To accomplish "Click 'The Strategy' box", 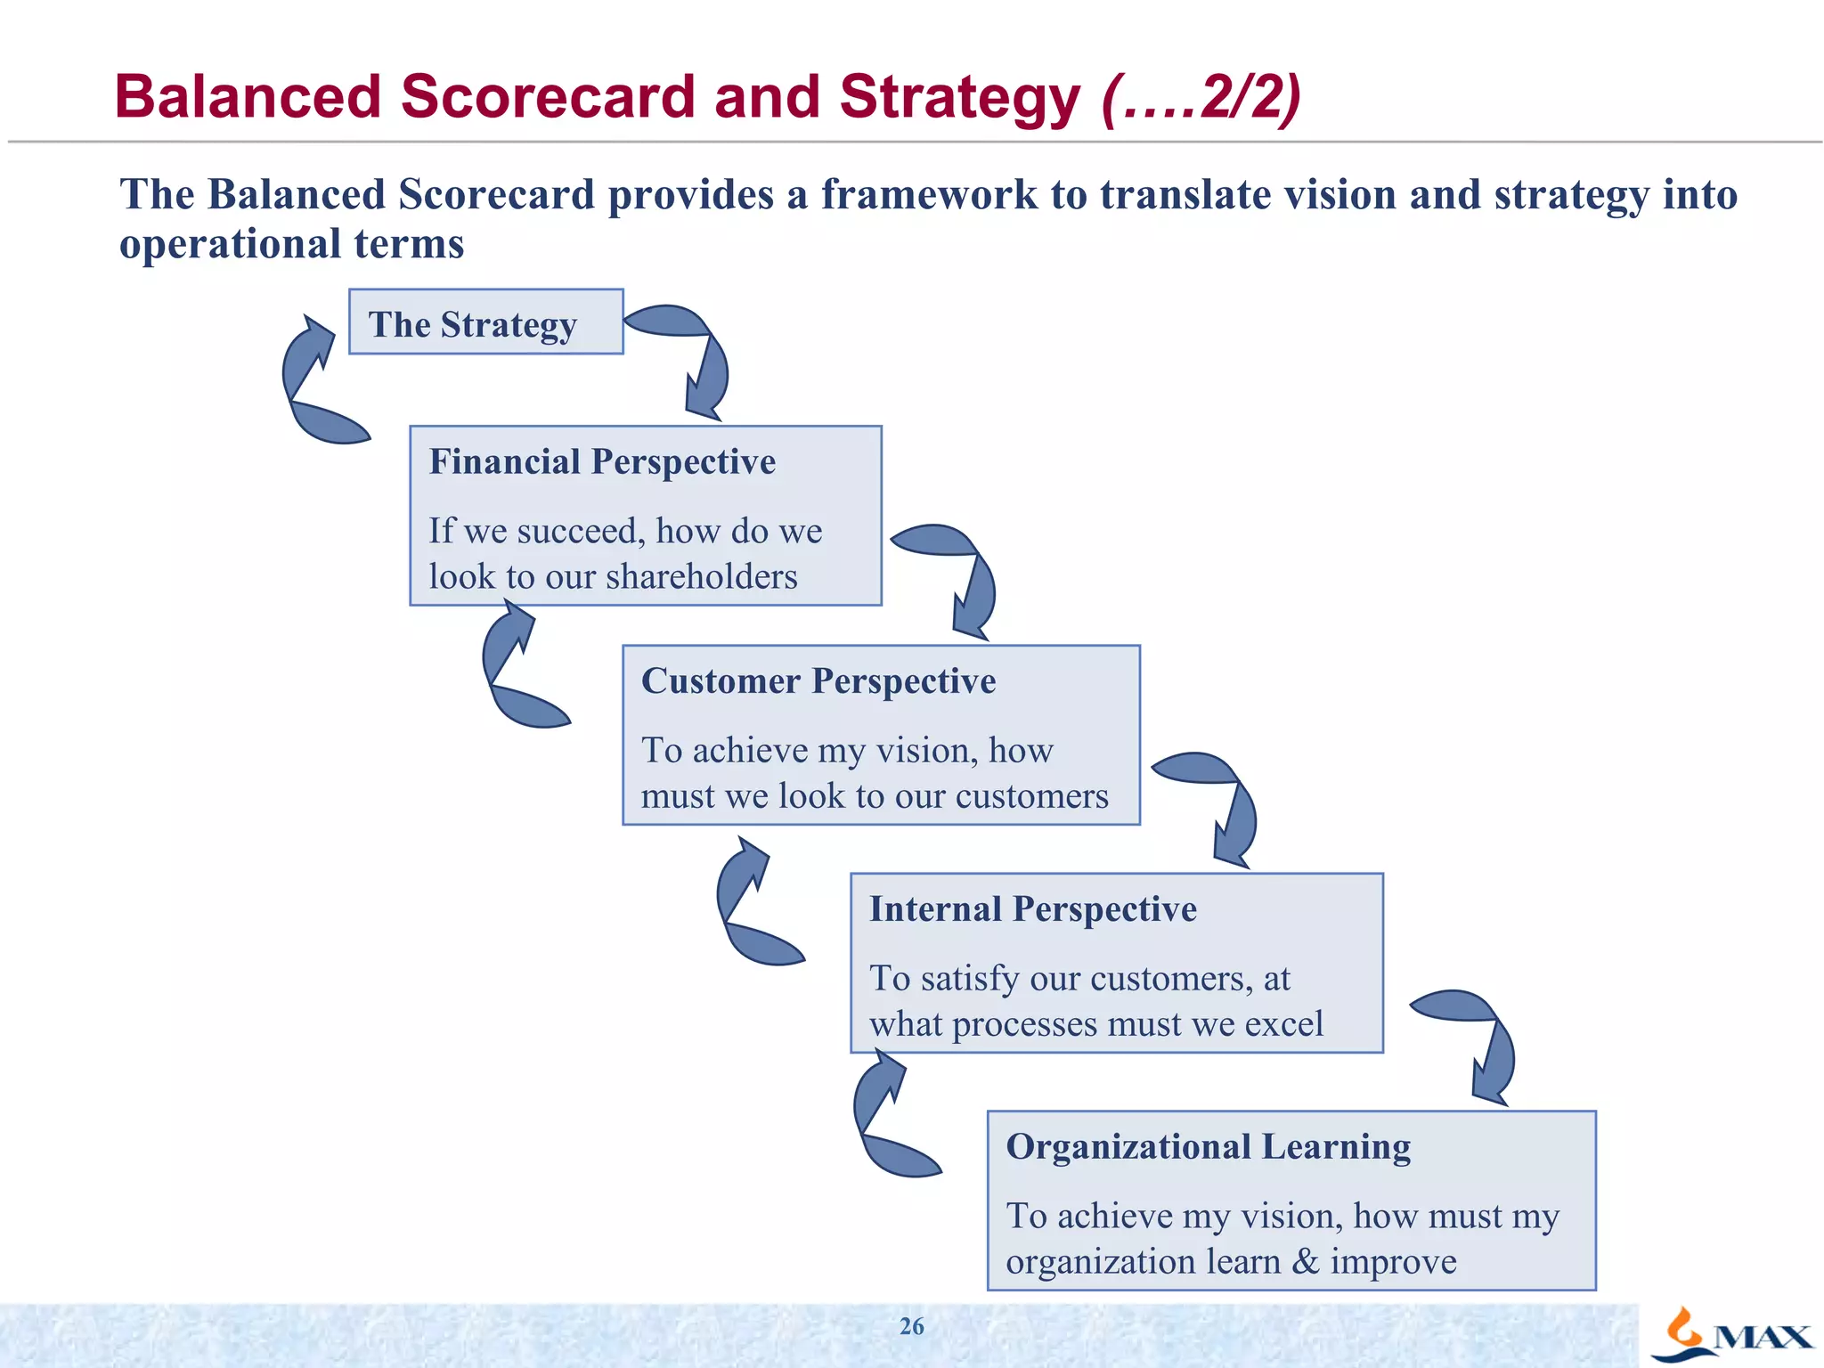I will tap(485, 322).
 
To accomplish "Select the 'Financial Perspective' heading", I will tap(602, 462).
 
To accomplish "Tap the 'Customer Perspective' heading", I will tap(818, 681).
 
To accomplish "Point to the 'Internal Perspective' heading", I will tap(1032, 909).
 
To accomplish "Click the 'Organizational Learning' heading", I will tap(1208, 1147).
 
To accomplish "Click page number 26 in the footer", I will tap(911, 1326).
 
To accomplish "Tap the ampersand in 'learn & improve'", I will tap(1306, 1262).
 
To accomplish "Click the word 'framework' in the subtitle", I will tap(928, 195).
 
